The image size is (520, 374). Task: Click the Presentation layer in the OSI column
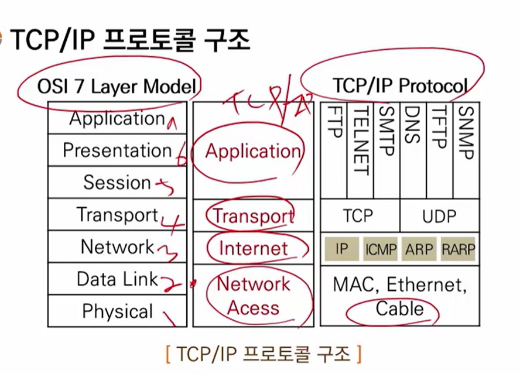(x=117, y=150)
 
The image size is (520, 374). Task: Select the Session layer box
(x=117, y=182)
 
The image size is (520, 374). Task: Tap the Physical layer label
(x=117, y=311)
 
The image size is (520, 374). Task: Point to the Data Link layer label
(x=117, y=279)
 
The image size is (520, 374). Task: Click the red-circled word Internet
(x=254, y=248)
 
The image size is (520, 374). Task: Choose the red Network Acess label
(x=254, y=296)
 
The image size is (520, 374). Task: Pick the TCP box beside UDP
(x=358, y=216)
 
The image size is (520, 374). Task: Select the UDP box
(x=439, y=217)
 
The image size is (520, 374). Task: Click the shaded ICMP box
(x=381, y=249)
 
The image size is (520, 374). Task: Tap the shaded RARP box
(x=459, y=249)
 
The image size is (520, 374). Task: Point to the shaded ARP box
(x=419, y=249)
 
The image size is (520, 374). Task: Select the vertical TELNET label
(x=361, y=140)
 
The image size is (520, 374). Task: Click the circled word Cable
(x=399, y=308)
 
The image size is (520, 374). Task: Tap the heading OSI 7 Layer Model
(x=116, y=87)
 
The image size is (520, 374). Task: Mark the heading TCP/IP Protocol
(x=400, y=86)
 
